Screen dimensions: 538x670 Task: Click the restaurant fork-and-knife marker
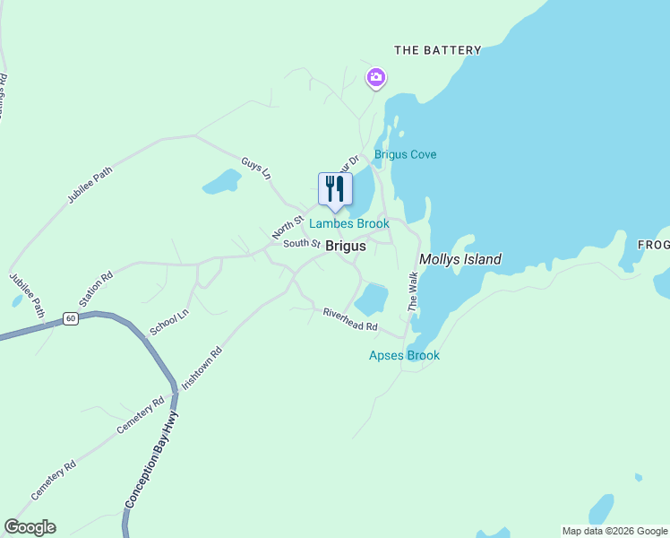[334, 189]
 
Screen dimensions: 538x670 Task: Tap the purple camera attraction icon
[376, 79]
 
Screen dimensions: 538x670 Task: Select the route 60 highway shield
[71, 318]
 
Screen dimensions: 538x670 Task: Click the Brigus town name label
[345, 245]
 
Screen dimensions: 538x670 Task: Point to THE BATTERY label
[438, 50]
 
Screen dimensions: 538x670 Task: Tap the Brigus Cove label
[405, 154]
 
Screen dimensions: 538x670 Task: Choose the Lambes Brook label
[349, 223]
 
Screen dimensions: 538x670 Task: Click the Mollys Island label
[460, 259]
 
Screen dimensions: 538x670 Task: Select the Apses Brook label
[404, 355]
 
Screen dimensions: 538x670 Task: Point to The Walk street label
[413, 291]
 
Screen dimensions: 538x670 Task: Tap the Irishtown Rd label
[202, 367]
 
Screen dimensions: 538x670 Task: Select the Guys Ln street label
[255, 168]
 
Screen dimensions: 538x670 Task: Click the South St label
[301, 243]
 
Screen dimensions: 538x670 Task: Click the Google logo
[30, 527]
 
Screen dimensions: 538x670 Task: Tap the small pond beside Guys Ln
[221, 183]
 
